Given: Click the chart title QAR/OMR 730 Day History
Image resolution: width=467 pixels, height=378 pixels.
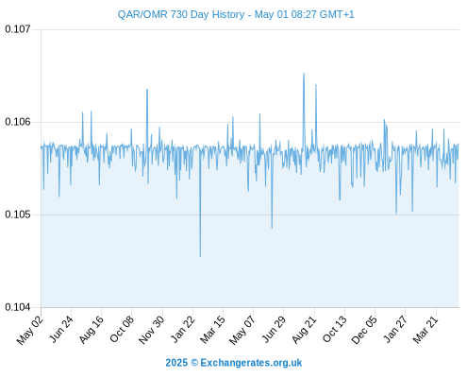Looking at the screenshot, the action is (x=181, y=14).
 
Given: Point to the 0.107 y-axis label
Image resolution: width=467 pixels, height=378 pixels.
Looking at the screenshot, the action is (x=18, y=29).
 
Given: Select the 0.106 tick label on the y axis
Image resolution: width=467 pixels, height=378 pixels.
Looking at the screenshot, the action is (x=18, y=122).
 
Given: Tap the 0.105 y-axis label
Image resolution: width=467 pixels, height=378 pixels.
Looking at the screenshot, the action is (x=18, y=215).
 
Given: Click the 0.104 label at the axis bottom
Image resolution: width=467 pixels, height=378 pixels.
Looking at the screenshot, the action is (x=18, y=307).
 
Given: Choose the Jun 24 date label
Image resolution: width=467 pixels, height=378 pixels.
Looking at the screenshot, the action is (x=61, y=329).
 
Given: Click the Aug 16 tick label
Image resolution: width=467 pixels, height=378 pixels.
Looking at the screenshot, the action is (x=92, y=330).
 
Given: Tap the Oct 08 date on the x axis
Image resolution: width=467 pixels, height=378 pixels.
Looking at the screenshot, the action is (x=122, y=329).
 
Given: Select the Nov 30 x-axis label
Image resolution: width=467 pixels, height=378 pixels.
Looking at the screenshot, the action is (x=152, y=330).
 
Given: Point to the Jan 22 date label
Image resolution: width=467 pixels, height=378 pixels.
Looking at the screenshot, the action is (x=183, y=329).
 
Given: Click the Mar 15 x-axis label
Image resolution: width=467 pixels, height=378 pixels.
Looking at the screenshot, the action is (x=213, y=330).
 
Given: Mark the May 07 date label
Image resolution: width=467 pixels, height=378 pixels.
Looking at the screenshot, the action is (x=242, y=330).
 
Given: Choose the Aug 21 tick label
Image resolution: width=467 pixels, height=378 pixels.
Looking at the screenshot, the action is (x=305, y=330).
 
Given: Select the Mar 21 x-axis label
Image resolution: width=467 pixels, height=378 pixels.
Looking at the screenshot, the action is (x=425, y=330).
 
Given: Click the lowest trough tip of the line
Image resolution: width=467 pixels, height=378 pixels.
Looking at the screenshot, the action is (x=200, y=257).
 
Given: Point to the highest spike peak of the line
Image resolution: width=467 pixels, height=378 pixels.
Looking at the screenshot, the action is (x=304, y=74).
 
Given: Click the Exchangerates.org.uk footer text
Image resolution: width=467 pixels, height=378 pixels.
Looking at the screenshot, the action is (x=251, y=363).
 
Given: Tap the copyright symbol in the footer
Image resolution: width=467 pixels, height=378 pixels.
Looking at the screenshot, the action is (x=194, y=363).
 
